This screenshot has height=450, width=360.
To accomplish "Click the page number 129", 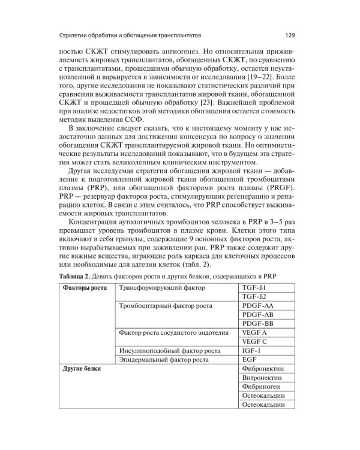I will [289, 34].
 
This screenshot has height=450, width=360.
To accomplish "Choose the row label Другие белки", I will [82, 368].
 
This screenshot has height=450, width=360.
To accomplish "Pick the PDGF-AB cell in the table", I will [258, 314].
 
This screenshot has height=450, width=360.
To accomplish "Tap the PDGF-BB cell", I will [258, 323].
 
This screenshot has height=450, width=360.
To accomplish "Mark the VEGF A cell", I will [254, 332].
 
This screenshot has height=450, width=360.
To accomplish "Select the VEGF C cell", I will [254, 341].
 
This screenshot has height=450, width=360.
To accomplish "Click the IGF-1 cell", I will [251, 350].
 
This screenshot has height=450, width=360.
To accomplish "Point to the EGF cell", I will [249, 359].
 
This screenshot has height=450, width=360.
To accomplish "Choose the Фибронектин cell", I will [262, 368].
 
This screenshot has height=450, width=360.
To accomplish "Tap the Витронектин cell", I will [262, 378].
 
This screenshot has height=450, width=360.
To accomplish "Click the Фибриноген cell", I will [261, 387].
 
